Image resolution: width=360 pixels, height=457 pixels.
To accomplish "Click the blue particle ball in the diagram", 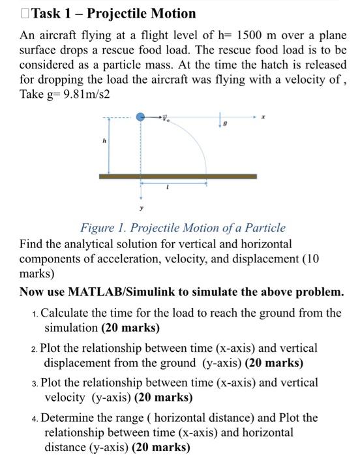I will click(x=141, y=117).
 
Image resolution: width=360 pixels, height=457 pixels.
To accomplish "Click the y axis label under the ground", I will click(x=140, y=210).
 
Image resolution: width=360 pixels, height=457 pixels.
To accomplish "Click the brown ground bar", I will click(x=177, y=176).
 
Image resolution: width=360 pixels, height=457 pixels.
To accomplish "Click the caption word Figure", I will click(x=98, y=228).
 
